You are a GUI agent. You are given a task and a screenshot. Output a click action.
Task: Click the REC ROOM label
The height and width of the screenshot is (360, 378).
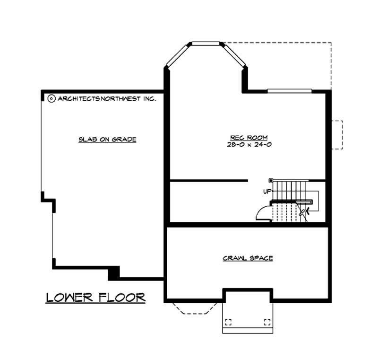point(248,138)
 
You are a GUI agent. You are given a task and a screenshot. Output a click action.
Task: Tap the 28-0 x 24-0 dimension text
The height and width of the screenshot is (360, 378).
point(248,145)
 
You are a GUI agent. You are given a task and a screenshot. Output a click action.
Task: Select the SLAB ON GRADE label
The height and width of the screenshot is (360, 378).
point(107,139)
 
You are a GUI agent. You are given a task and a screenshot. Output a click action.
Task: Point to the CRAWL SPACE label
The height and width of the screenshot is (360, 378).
point(248,258)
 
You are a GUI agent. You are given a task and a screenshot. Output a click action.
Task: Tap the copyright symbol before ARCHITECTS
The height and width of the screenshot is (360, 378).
point(52,98)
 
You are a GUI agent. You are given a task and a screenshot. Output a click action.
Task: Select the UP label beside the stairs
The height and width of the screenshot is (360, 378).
point(267,192)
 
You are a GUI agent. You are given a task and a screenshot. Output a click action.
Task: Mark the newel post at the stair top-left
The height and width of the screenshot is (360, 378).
point(270,180)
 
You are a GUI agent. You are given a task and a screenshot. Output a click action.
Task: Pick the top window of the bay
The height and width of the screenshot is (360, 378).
point(206,44)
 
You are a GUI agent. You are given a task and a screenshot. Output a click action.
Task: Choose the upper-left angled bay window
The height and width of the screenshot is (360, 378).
point(177,55)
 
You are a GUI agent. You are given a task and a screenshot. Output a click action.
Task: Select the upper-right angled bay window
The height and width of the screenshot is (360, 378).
point(235,55)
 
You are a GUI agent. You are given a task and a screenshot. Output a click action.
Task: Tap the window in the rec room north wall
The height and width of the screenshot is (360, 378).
point(289,91)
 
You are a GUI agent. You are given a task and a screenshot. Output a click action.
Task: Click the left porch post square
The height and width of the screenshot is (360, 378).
point(228,323)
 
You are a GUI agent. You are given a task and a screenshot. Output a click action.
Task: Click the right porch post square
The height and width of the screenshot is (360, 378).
point(267,323)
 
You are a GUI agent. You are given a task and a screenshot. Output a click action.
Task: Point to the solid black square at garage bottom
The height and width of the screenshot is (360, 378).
point(113,272)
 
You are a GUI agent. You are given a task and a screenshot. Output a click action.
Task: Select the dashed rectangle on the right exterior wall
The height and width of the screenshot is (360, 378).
point(336,135)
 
